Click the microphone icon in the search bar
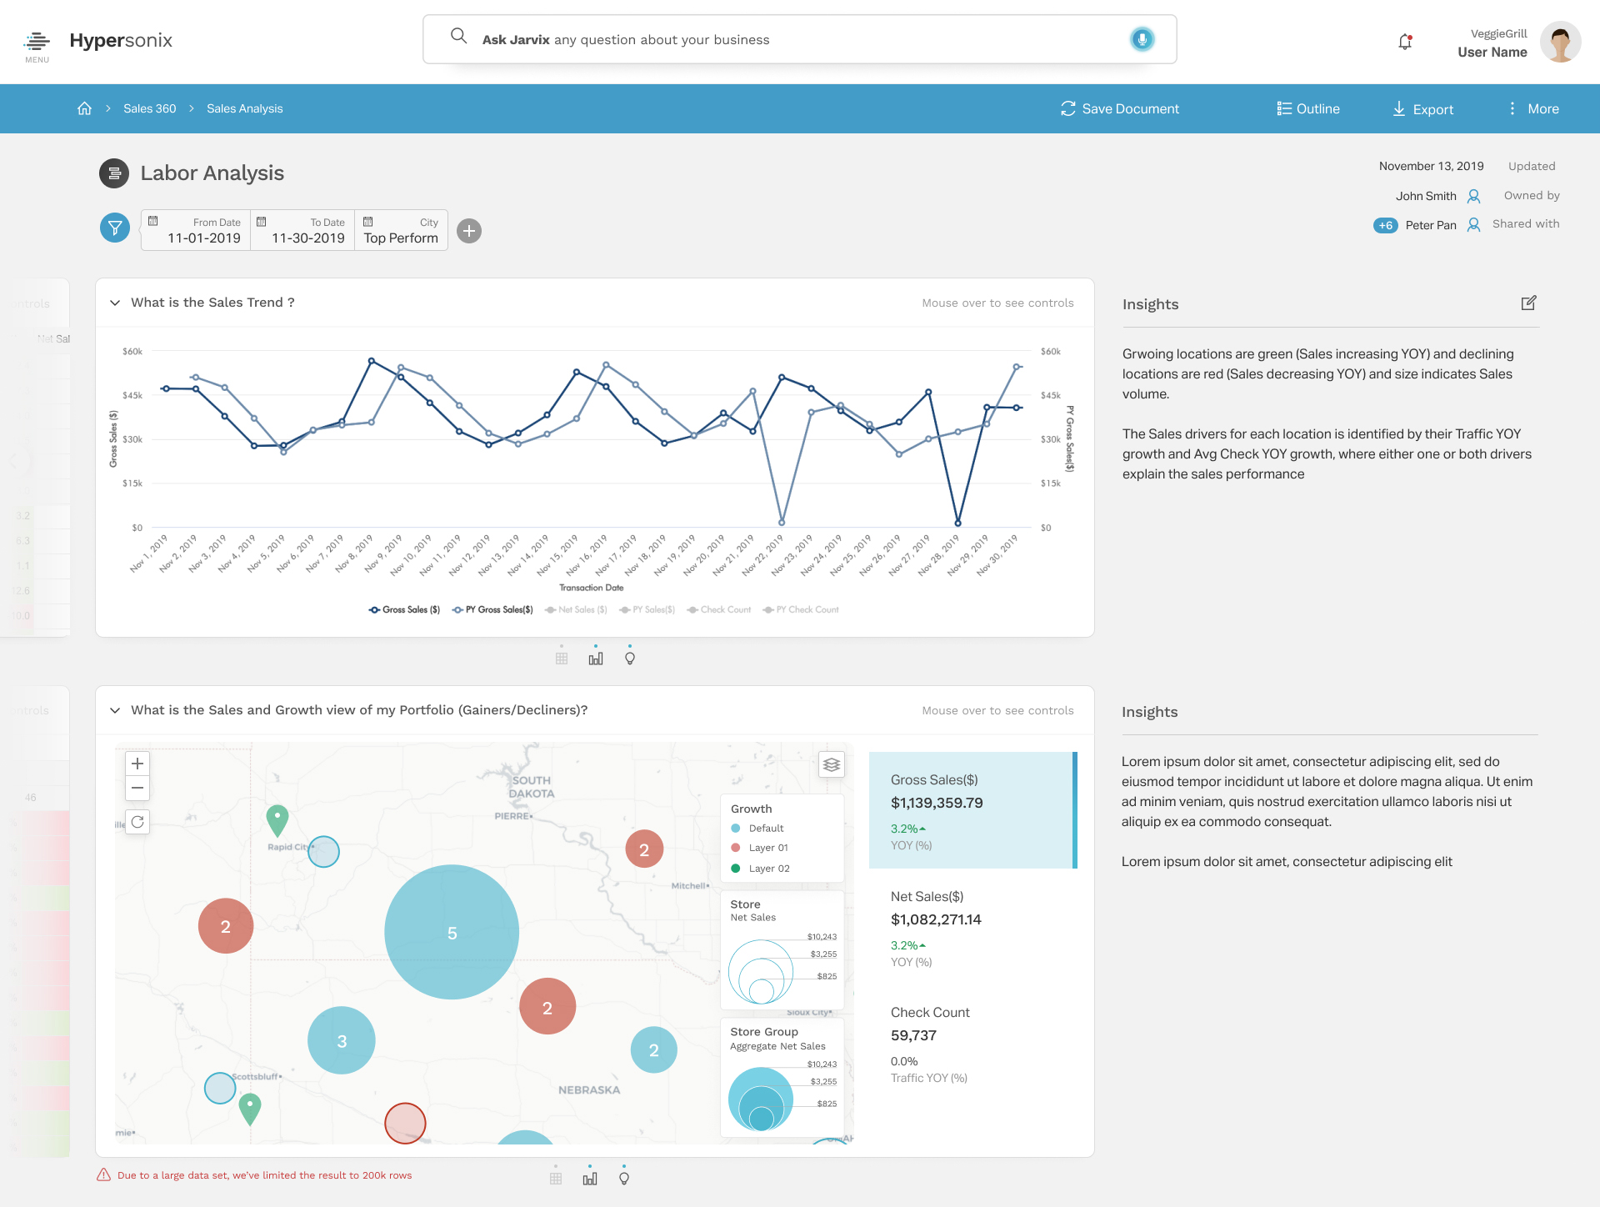click(1142, 39)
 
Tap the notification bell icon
click(1405, 42)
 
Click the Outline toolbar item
click(1308, 108)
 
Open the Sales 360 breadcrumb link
click(149, 108)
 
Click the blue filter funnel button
click(115, 228)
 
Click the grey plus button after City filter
click(469, 231)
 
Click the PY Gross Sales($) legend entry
click(493, 609)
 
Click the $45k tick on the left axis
click(132, 395)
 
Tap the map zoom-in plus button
click(137, 764)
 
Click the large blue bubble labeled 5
click(452, 933)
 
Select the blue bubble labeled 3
click(342, 1040)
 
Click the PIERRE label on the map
click(512, 816)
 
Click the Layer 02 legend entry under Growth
click(768, 869)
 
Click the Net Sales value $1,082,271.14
click(936, 919)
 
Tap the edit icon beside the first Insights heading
click(1528, 303)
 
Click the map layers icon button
click(831, 764)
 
